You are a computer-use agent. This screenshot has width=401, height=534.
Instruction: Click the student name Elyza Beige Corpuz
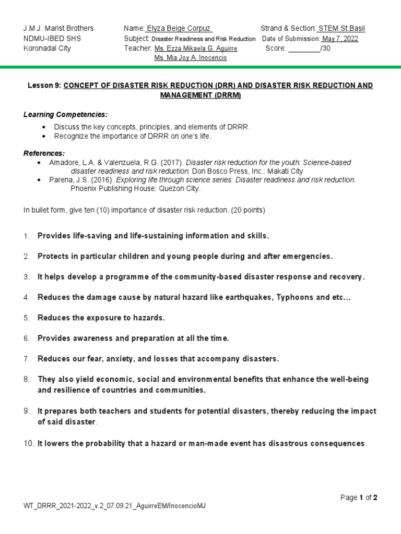tap(179, 28)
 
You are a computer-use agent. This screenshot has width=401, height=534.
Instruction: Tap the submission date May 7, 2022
tap(340, 39)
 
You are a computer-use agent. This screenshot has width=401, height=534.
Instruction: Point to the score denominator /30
tap(325, 48)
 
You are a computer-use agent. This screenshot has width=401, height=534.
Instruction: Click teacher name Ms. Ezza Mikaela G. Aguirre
tap(196, 48)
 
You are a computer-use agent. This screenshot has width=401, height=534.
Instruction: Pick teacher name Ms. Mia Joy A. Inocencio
tap(191, 58)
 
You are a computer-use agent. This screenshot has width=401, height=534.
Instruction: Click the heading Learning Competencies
tap(65, 114)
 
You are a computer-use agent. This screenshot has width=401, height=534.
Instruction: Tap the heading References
tap(44, 153)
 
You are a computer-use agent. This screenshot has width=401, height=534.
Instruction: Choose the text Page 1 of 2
tap(359, 497)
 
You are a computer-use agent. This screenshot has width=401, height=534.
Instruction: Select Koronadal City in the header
tap(48, 48)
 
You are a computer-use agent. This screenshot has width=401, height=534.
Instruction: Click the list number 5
tap(26, 318)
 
